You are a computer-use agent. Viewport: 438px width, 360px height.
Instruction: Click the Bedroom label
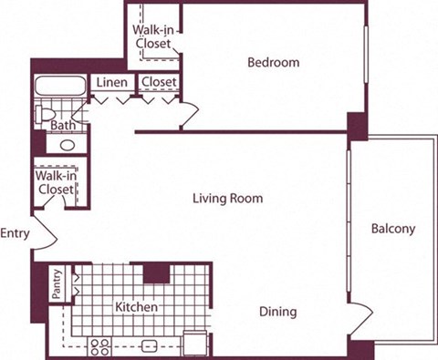[274, 63]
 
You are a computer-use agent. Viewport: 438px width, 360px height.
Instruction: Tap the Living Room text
[227, 198]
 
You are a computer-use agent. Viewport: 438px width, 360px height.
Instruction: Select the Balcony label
[393, 229]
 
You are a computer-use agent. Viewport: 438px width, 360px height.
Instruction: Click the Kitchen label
[137, 308]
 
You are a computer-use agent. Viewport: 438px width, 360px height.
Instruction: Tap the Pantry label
[57, 283]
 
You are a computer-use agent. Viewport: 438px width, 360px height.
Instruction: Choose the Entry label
[16, 233]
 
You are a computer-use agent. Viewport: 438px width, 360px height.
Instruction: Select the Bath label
[63, 125]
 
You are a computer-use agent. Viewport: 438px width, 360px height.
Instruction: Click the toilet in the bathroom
[44, 114]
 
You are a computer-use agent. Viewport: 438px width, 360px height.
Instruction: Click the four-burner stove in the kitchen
[100, 345]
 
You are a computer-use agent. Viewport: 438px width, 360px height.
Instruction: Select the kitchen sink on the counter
[150, 345]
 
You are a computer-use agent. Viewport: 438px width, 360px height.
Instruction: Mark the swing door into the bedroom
[189, 115]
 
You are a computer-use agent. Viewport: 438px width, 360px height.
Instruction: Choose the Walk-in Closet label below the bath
[55, 182]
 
